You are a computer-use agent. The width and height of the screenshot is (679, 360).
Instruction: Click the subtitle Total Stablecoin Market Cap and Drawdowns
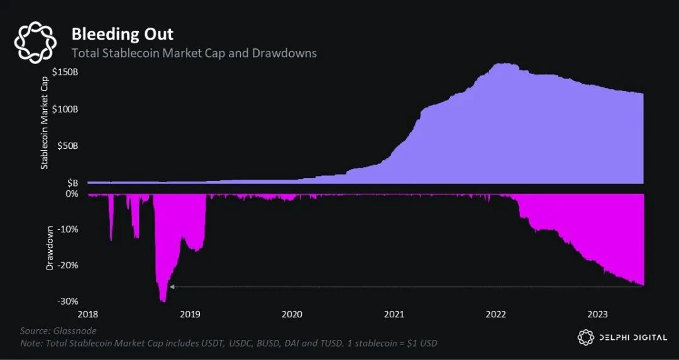pos(194,53)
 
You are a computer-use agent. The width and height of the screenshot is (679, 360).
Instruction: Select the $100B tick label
pos(73,109)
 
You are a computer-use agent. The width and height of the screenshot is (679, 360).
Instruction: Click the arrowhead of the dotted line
pos(172,286)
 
